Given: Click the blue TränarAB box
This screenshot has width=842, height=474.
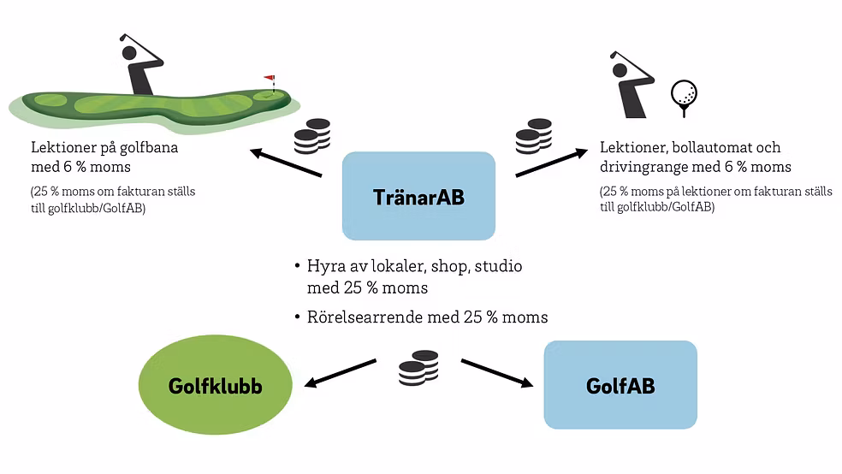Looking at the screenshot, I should click(418, 196).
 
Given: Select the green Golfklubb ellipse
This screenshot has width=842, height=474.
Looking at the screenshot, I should click(214, 386).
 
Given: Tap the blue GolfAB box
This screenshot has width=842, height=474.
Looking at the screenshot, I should click(620, 385).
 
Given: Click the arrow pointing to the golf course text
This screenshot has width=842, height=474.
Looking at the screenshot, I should click(285, 163).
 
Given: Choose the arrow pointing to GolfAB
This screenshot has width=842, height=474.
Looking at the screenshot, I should click(497, 373).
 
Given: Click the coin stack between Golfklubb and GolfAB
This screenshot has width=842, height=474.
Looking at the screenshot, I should click(418, 368).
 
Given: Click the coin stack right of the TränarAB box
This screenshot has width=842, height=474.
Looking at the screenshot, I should click(533, 137).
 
